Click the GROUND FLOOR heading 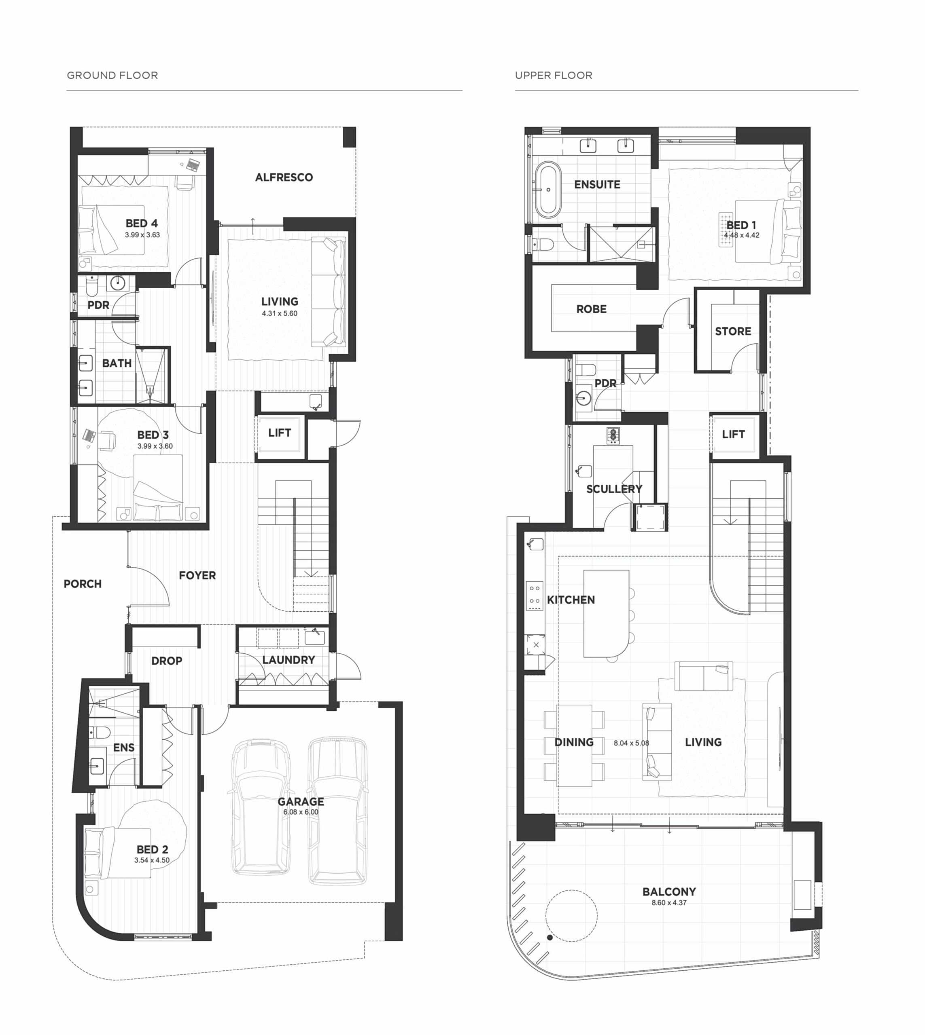pyautogui.click(x=112, y=75)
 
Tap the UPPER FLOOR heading pyautogui.click(x=554, y=75)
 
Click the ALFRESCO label pyautogui.click(x=284, y=177)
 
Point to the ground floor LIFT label pyautogui.click(x=280, y=433)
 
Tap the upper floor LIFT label pyautogui.click(x=733, y=434)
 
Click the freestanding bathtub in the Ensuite pyautogui.click(x=548, y=190)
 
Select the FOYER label pyautogui.click(x=197, y=575)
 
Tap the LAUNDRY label pyautogui.click(x=289, y=660)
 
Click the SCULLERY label pyautogui.click(x=614, y=489)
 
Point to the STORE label pyautogui.click(x=733, y=331)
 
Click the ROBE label pyautogui.click(x=591, y=309)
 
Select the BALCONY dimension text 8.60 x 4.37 pyautogui.click(x=669, y=903)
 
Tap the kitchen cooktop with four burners pyautogui.click(x=535, y=595)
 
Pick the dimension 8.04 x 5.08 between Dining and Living pyautogui.click(x=631, y=743)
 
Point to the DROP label pyautogui.click(x=167, y=661)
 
